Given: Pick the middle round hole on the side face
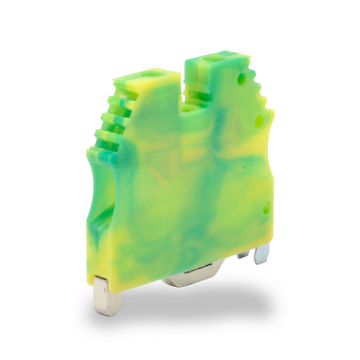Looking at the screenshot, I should pyautogui.click(x=258, y=122).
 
